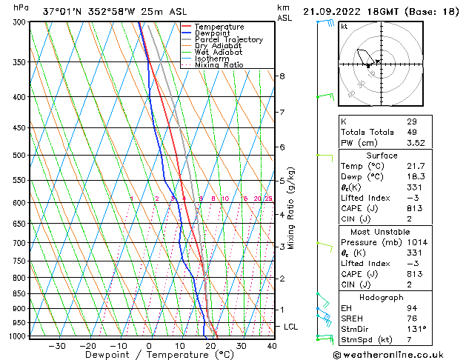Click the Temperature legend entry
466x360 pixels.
pos(219,27)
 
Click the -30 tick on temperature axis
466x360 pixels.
pos(57,346)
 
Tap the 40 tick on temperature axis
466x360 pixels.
pos(272,346)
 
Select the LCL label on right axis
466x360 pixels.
pos(292,327)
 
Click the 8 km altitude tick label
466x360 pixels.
pos(282,76)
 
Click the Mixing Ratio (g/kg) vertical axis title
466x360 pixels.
pos(292,208)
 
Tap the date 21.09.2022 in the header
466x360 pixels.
pos(332,11)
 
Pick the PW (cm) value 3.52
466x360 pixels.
pos(415,143)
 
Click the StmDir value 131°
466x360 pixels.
pos(416,328)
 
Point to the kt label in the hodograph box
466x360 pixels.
pos(344,26)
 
